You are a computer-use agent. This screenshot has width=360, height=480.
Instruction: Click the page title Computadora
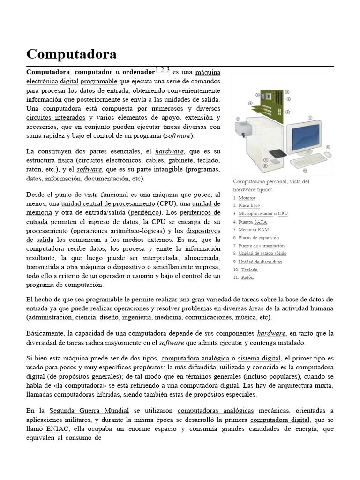click(71, 54)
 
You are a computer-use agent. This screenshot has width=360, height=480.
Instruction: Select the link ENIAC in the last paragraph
click(58, 429)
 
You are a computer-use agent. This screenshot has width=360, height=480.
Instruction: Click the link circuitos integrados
click(56, 118)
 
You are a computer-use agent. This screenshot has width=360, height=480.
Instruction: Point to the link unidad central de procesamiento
click(108, 204)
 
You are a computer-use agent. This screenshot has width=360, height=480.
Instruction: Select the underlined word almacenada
click(202, 258)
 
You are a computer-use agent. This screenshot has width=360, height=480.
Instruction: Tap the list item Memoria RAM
click(253, 230)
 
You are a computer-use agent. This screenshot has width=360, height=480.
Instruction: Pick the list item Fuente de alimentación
click(261, 246)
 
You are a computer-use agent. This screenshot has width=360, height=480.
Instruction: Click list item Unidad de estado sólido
click(262, 254)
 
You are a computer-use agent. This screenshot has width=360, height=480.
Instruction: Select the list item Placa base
click(248, 206)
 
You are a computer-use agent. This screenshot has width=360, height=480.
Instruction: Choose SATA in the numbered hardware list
click(260, 222)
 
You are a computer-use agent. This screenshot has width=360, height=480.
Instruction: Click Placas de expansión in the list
click(258, 238)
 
